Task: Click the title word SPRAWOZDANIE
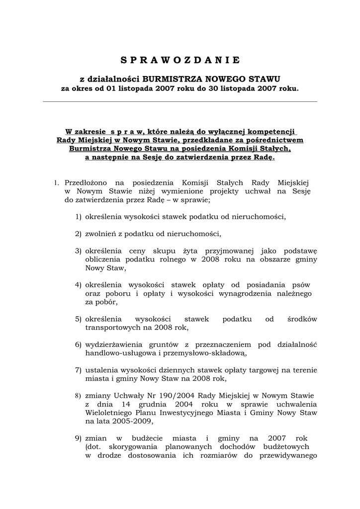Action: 180,61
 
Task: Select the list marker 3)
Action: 79,251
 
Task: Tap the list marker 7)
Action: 79,370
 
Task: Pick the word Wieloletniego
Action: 109,413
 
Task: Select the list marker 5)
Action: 79,319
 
